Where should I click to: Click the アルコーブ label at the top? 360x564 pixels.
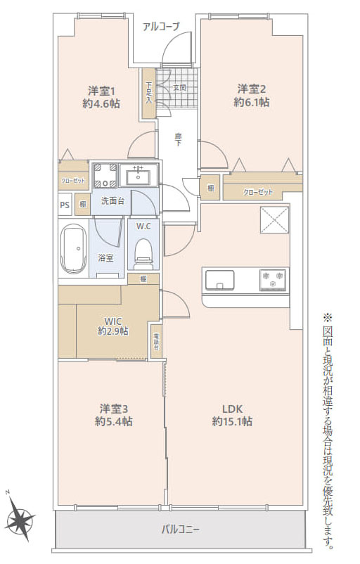coord(161,27)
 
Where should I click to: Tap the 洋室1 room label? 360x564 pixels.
coord(102,91)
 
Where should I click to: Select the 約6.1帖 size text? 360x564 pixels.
coord(251,102)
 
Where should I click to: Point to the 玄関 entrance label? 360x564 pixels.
coord(179,88)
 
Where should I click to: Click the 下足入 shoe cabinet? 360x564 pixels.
coord(148,92)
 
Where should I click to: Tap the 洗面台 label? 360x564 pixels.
coord(112,201)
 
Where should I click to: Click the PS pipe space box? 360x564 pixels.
coord(64,205)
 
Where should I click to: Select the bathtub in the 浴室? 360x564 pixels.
coord(73,249)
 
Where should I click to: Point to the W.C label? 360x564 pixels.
coord(143,226)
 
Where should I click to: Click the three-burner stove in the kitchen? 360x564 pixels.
coord(272,279)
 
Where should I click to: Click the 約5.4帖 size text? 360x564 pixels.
coord(113,421)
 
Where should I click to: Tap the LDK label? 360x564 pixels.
coord(232,409)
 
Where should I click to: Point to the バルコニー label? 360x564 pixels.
coord(181,528)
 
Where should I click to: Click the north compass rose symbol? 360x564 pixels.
coord(20,520)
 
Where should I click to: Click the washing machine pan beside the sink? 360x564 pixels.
coord(105,175)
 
